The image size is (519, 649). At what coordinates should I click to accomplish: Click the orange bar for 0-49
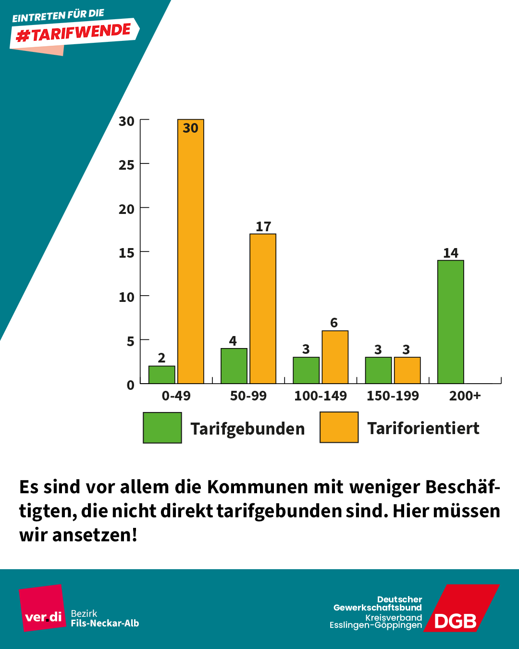click(x=191, y=255)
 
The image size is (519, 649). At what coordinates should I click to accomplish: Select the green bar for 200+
click(x=450, y=322)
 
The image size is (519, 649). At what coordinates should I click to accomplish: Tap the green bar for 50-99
click(x=234, y=366)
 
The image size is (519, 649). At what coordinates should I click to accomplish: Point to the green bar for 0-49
click(x=161, y=375)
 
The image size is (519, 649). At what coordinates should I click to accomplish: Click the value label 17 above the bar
click(x=263, y=226)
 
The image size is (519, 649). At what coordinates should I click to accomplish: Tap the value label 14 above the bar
click(x=450, y=253)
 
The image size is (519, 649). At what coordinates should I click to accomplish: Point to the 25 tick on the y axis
click(x=126, y=165)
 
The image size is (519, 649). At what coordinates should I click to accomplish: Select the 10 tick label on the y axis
click(x=126, y=297)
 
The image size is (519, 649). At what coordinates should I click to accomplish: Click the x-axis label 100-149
click(x=321, y=396)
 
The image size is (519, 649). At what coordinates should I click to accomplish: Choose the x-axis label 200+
click(x=465, y=396)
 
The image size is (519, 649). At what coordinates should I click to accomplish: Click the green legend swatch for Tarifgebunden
click(x=162, y=427)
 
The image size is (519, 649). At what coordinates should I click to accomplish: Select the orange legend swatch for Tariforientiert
click(x=339, y=427)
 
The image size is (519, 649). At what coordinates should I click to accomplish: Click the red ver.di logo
click(x=43, y=608)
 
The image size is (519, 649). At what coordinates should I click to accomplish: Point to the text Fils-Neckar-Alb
click(x=105, y=624)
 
